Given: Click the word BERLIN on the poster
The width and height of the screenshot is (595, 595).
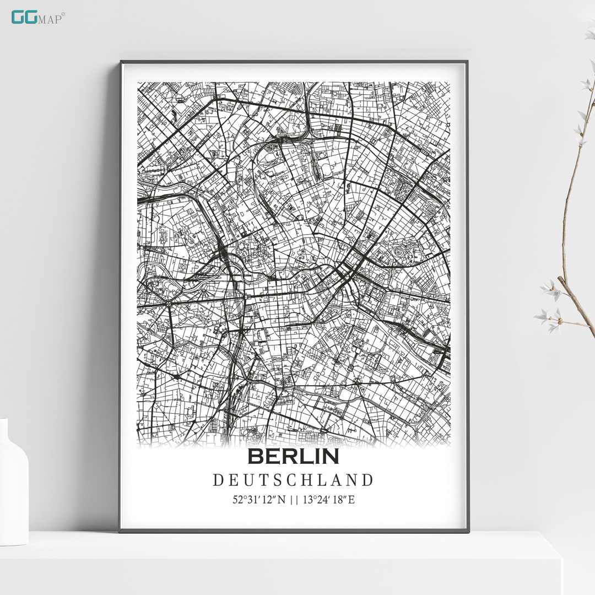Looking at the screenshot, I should click(293, 456).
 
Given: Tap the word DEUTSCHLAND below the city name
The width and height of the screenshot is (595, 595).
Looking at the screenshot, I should click(293, 480).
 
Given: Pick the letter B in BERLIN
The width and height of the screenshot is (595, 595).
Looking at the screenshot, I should click(255, 456).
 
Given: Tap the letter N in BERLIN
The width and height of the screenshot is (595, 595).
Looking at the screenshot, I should click(331, 456).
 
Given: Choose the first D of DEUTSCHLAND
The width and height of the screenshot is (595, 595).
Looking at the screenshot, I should click(218, 480).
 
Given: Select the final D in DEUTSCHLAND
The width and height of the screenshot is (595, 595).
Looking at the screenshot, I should click(368, 480).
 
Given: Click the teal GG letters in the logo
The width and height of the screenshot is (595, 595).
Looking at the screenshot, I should click(24, 17).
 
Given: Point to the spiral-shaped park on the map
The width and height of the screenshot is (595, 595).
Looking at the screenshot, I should click(397, 253).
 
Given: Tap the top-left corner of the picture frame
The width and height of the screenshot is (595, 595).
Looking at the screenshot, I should click(121, 62).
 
